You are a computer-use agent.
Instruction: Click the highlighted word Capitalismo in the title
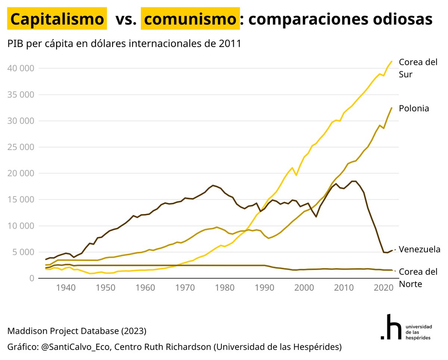coord(57,19)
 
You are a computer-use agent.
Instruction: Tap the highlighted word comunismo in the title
coord(190,19)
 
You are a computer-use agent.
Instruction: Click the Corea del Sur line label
coord(418,68)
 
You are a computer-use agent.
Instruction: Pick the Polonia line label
coord(414,108)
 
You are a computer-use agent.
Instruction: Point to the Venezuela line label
coord(420,249)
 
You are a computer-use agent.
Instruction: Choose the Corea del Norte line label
coord(418,277)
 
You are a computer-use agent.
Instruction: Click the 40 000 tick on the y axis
coord(21,68)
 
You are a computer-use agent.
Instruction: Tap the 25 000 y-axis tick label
coord(21,147)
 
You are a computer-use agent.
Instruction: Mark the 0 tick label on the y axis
coord(32,279)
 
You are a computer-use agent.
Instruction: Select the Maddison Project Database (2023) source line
coord(77,331)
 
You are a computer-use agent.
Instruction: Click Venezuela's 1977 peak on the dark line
coord(213,185)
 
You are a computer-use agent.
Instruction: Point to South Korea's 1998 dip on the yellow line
coord(296,175)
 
